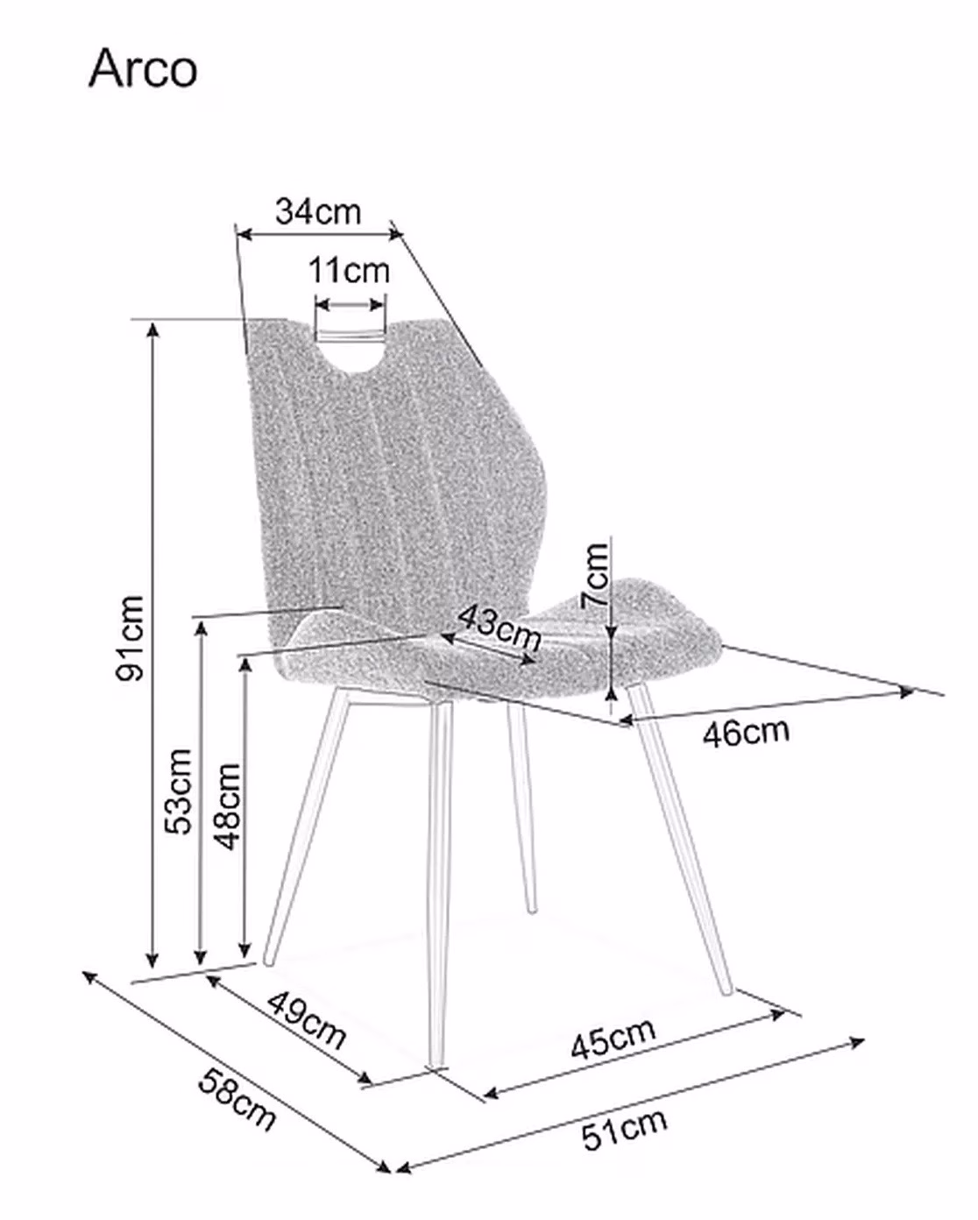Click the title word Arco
[143, 68]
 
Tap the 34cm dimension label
[318, 212]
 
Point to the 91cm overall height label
[130, 637]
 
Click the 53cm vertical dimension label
[178, 791]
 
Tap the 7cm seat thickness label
[594, 576]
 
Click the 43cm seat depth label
[500, 627]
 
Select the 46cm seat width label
[746, 733]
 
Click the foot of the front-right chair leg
[728, 991]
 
